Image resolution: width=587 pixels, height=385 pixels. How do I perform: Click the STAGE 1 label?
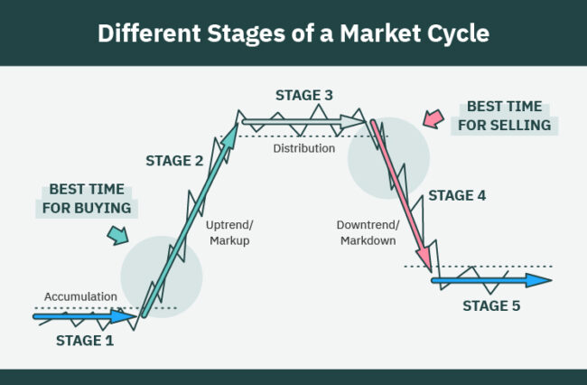point(85,340)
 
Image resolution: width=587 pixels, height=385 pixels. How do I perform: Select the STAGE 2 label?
point(174,161)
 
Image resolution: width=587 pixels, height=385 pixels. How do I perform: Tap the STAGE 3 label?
point(303,95)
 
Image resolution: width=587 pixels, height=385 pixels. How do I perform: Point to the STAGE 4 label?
point(457,194)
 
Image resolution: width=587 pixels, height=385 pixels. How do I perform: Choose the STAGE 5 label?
point(491,306)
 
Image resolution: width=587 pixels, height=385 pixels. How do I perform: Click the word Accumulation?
point(80,296)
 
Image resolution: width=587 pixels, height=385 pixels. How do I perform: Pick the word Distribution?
point(304,148)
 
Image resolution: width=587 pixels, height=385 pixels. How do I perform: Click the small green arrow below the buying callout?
point(117,236)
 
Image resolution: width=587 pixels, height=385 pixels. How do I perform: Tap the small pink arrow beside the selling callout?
point(433,118)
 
